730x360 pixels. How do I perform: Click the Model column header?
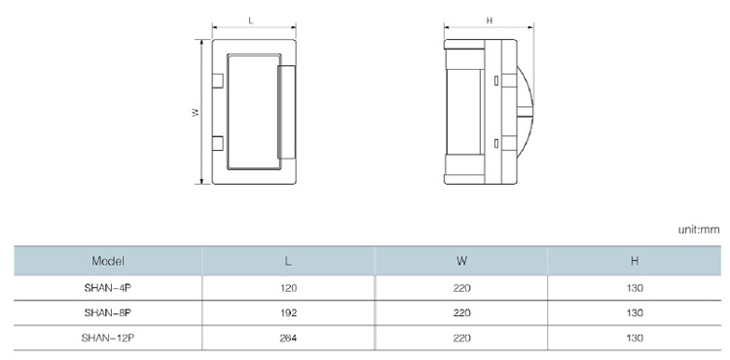(x=108, y=261)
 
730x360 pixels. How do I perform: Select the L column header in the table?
(x=289, y=261)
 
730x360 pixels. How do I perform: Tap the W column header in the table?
(x=461, y=261)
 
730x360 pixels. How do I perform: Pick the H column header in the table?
(x=635, y=261)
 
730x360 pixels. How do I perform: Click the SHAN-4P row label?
(x=108, y=288)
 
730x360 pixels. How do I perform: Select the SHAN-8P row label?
(x=108, y=312)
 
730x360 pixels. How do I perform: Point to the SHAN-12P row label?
(x=108, y=338)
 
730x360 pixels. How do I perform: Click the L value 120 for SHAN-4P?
(x=289, y=288)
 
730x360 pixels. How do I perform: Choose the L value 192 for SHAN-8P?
(x=289, y=313)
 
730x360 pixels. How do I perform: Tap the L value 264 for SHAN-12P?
(x=289, y=339)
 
